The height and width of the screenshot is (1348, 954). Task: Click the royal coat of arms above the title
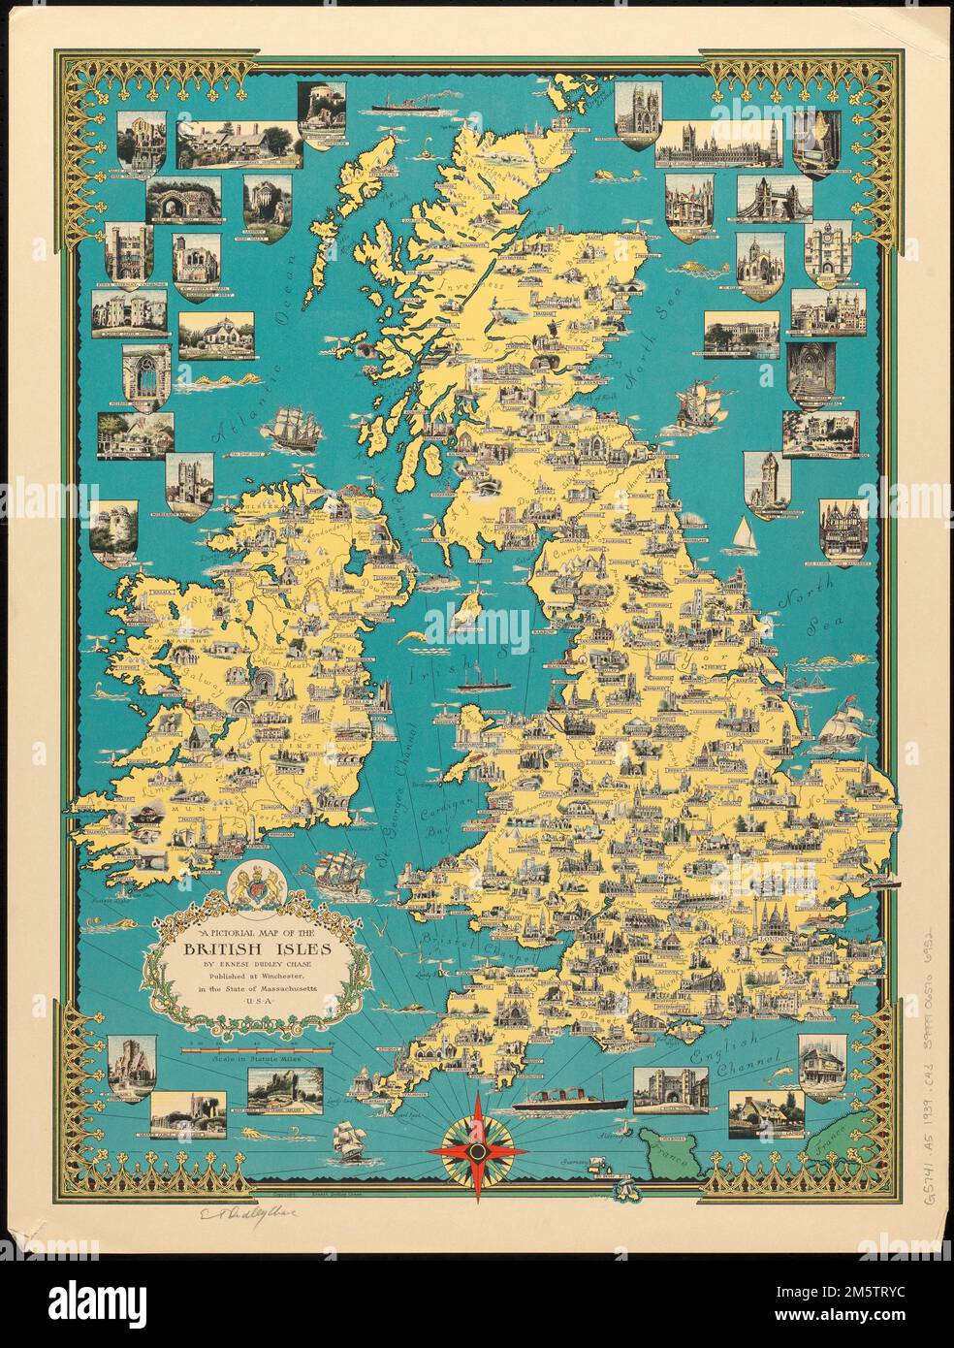coord(256,884)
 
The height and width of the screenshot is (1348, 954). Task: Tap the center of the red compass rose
coord(476,1149)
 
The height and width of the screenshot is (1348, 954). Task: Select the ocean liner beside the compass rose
coord(560,1102)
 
